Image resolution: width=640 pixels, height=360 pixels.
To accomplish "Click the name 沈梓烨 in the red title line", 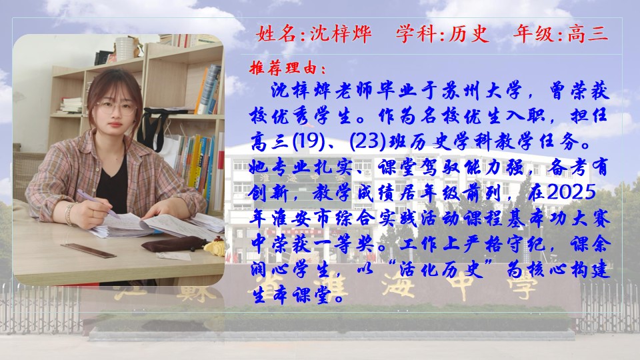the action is (341, 34).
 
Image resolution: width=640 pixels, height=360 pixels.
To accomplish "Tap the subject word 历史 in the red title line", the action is (469, 34).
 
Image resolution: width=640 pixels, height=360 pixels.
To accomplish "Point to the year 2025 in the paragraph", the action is (571, 192).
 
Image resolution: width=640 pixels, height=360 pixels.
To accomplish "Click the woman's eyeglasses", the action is (115, 108).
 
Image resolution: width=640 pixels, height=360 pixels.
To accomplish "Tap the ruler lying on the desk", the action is (89, 250).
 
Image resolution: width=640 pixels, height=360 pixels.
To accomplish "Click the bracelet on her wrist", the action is (69, 213).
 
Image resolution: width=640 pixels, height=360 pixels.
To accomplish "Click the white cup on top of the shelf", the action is (124, 49).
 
